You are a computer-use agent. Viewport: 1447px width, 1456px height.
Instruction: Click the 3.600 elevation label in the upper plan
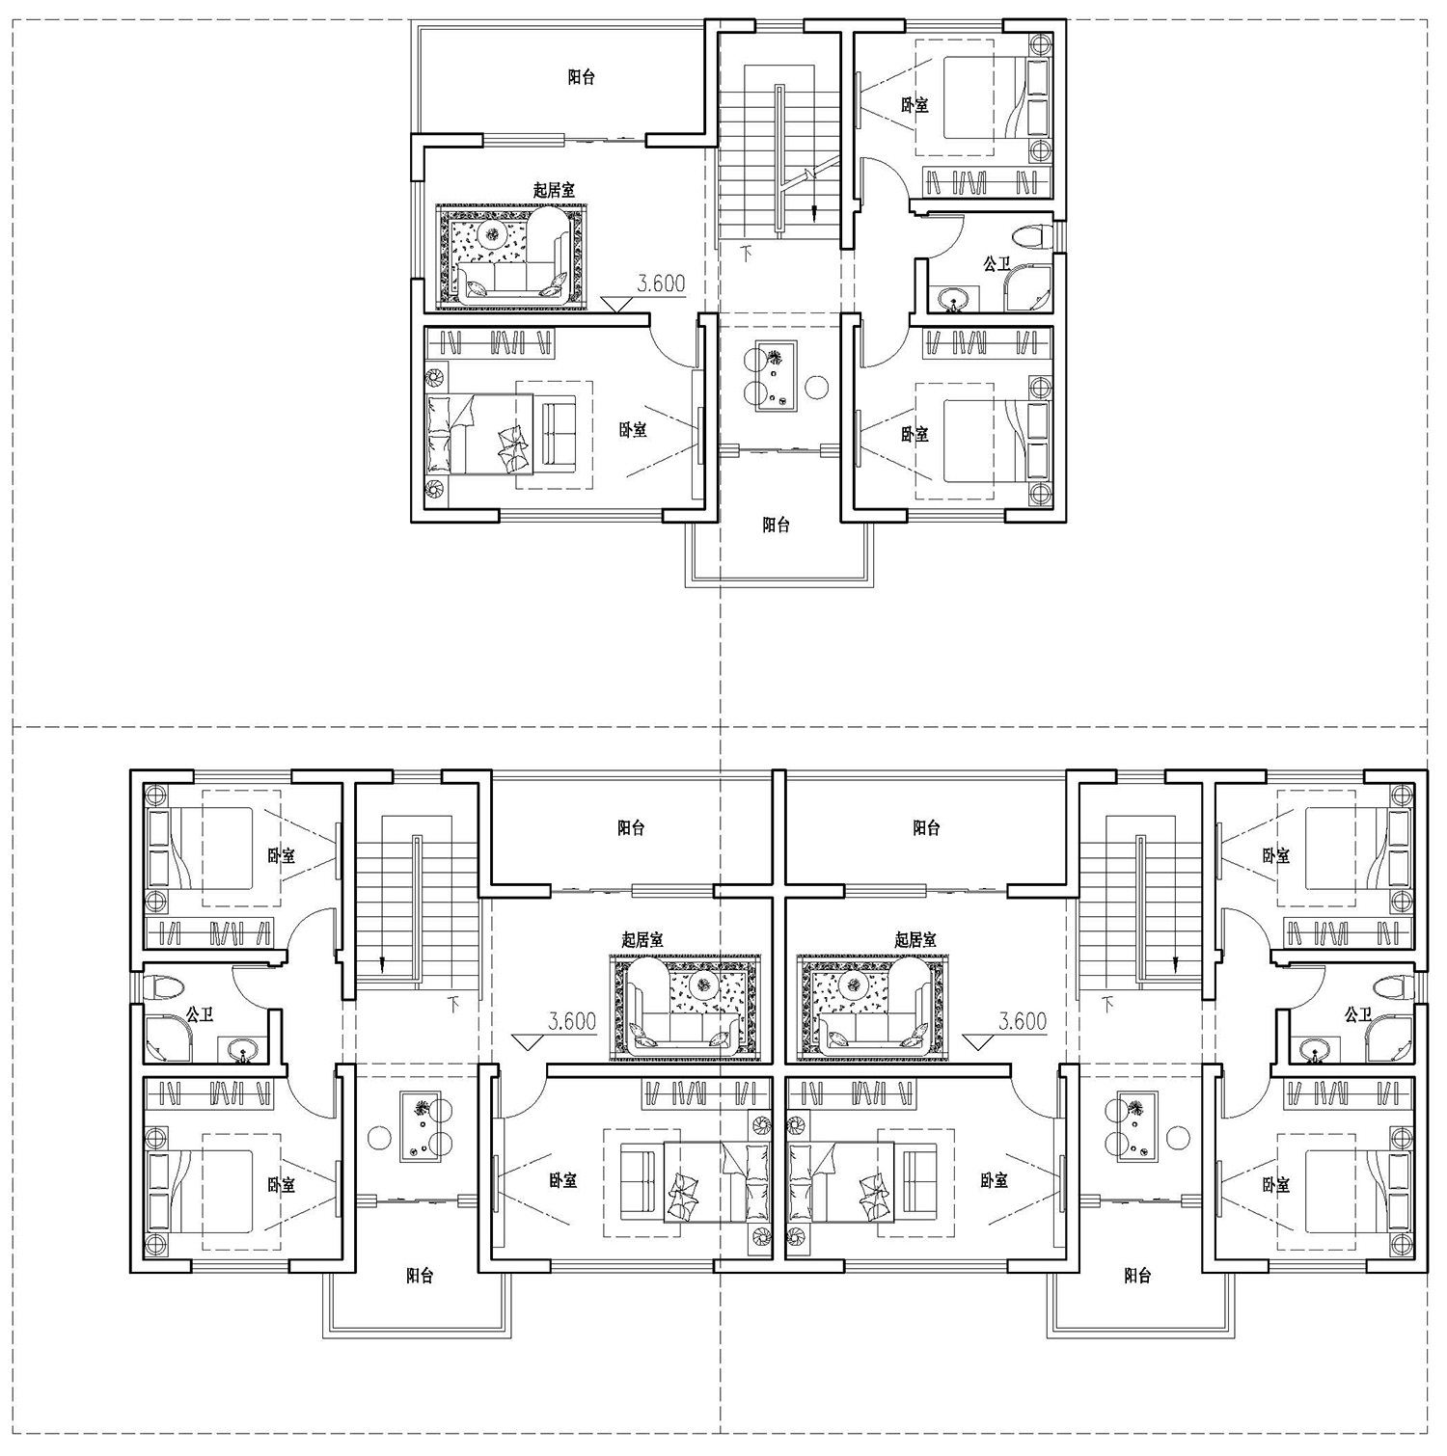[661, 283]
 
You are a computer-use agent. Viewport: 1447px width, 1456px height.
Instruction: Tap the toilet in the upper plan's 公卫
[1032, 235]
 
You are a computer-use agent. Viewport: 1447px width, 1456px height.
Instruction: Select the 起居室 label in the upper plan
[554, 191]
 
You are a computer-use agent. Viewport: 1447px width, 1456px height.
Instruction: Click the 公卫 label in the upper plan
[997, 264]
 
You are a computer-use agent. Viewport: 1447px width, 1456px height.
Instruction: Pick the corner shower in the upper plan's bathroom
[1028, 289]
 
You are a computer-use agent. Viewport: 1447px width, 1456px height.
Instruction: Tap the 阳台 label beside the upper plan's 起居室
[581, 77]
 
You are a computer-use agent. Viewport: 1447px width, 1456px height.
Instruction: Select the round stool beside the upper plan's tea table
[817, 387]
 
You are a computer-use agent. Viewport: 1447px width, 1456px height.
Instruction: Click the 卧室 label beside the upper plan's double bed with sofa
[633, 430]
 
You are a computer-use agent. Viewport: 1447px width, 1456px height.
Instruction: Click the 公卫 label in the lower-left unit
[200, 1014]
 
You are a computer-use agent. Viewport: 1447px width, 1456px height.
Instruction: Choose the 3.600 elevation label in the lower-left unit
[571, 1021]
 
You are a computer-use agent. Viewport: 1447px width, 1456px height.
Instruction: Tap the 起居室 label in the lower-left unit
[642, 939]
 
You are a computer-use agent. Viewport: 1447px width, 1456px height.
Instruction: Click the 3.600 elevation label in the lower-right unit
[1023, 1021]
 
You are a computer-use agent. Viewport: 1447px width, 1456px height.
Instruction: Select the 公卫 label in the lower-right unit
[1357, 1014]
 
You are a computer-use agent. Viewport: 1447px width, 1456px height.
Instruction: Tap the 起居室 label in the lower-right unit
[915, 939]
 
